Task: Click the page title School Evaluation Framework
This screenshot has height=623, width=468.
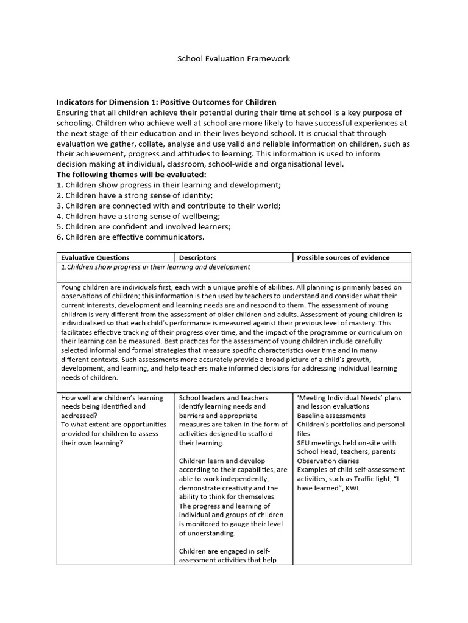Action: (x=233, y=59)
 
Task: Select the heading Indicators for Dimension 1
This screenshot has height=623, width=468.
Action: (x=166, y=102)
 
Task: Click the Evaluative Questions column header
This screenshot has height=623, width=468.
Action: (x=95, y=257)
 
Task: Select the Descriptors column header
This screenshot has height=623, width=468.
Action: (x=197, y=257)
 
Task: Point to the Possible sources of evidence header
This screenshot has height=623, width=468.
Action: (x=343, y=257)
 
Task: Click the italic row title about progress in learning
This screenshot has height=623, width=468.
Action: (x=156, y=267)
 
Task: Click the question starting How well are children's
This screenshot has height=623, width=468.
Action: (x=112, y=398)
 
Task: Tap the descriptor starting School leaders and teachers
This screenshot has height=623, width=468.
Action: (x=224, y=398)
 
